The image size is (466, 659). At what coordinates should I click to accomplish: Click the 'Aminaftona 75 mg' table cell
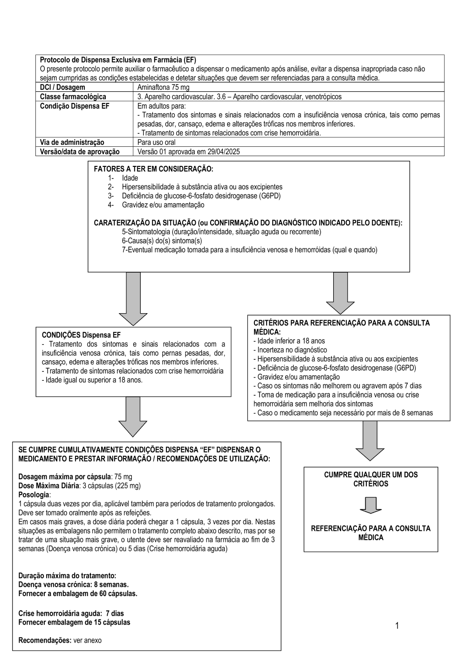click(x=164, y=87)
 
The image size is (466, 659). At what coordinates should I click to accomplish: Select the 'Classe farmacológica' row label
click(x=73, y=96)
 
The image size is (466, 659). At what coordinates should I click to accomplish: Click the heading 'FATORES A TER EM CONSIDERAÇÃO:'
click(x=153, y=169)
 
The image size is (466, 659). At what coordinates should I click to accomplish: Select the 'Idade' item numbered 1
click(x=130, y=178)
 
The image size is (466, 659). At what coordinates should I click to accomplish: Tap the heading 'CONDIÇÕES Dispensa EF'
click(x=81, y=335)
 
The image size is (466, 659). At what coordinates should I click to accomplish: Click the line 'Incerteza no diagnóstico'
click(x=292, y=350)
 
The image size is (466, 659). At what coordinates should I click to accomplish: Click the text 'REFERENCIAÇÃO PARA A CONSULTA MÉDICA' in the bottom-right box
click(x=371, y=533)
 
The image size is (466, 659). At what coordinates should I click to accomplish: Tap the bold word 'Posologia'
click(x=34, y=494)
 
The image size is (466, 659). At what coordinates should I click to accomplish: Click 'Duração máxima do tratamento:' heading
click(x=67, y=576)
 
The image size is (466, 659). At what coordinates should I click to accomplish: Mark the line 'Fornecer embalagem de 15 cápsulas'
click(x=74, y=622)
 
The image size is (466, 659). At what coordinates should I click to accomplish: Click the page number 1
click(x=397, y=625)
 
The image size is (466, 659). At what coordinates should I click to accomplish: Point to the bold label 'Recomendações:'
click(x=45, y=640)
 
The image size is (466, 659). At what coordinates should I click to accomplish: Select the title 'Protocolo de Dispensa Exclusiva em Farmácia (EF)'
click(x=118, y=60)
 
